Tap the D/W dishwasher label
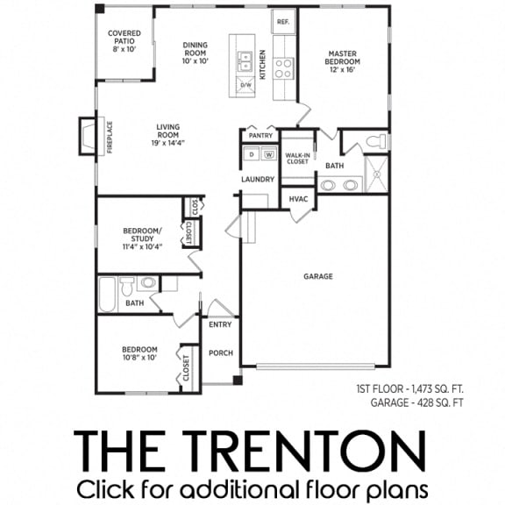[246, 84]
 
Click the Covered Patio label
[124, 41]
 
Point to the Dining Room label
[194, 52]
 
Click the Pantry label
[260, 136]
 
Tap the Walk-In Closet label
[297, 158]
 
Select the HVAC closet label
[298, 199]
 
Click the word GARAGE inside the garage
[317, 276]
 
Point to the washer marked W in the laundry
[268, 155]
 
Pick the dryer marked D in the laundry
[251, 155]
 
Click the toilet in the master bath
[375, 140]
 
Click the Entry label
[220, 324]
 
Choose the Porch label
[220, 353]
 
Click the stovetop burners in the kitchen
[284, 68]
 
